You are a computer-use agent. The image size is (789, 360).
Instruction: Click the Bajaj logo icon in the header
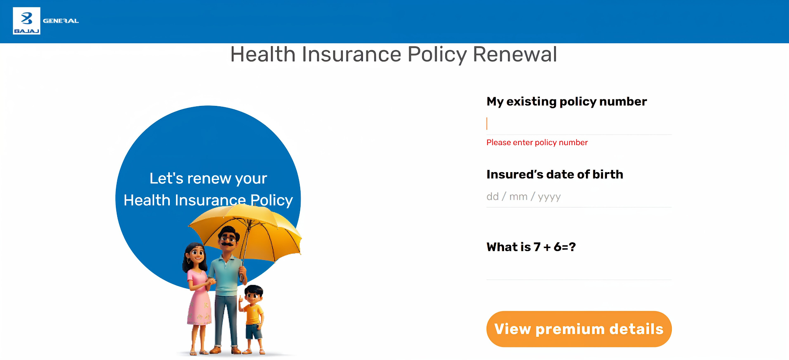pyautogui.click(x=27, y=20)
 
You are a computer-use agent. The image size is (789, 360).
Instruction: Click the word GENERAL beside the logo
pyautogui.click(x=61, y=21)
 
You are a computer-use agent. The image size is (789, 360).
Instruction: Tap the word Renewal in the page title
pyautogui.click(x=515, y=54)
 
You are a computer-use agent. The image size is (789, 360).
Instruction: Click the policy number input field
pyautogui.click(x=579, y=124)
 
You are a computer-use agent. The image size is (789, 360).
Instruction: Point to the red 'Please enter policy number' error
pyautogui.click(x=537, y=143)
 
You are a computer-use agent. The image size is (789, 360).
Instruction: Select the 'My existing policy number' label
pyautogui.click(x=566, y=102)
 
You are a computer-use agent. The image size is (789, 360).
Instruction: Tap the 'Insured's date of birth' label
pyautogui.click(x=555, y=174)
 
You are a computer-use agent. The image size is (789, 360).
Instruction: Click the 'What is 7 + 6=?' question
pyautogui.click(x=531, y=247)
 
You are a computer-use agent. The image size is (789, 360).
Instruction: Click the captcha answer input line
pyautogui.click(x=579, y=270)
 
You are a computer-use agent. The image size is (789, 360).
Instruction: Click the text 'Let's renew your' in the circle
pyautogui.click(x=208, y=178)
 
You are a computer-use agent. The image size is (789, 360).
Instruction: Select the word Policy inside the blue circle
pyautogui.click(x=271, y=200)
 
